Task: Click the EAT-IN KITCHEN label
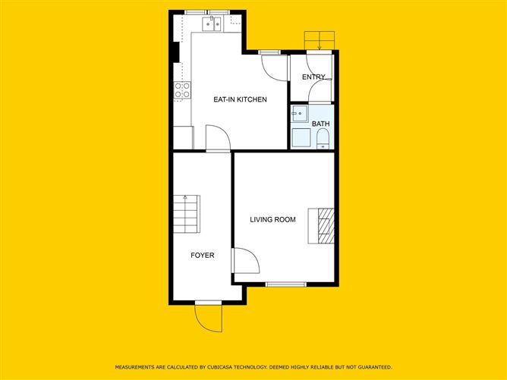240,99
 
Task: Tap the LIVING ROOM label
272,220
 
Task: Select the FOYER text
202,256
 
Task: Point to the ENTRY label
313,77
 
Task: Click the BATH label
320,123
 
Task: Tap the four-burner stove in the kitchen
183,91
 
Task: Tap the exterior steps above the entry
319,40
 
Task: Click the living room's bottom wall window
286,284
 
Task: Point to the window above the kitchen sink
208,12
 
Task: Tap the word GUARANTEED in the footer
371,367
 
